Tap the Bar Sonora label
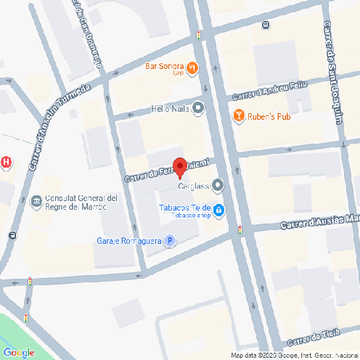[x=164, y=67]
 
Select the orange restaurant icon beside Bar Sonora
[x=192, y=69]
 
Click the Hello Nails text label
[x=170, y=109]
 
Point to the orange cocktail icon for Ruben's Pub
[x=237, y=115]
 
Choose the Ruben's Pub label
[x=270, y=115]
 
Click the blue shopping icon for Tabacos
[x=218, y=210]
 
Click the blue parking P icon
[x=169, y=241]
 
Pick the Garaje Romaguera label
[x=128, y=241]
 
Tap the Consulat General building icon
[x=36, y=202]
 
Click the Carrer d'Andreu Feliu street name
[x=270, y=92]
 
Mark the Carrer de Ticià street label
[x=314, y=339]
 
